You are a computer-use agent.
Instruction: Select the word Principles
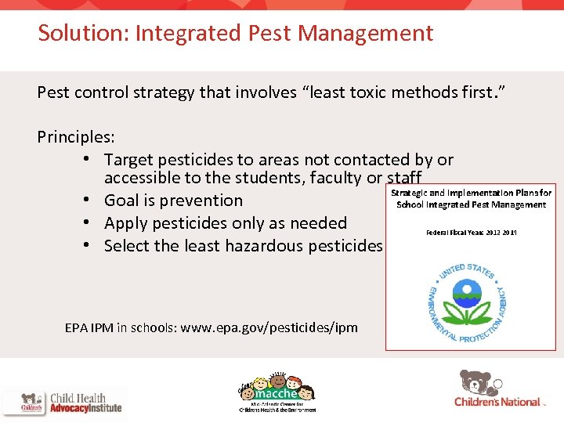[74, 137]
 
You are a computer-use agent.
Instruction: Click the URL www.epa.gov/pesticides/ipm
[269, 327]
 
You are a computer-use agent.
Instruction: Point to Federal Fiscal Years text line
[471, 233]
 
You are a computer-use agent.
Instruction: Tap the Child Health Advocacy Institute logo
[63, 403]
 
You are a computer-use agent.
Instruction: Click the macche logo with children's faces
[278, 390]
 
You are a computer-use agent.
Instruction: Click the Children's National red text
[497, 403]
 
